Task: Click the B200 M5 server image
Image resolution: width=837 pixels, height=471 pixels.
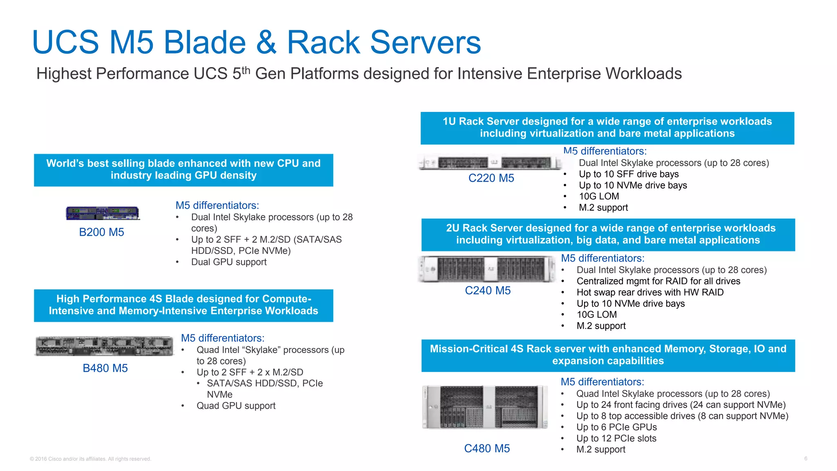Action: coord(103,213)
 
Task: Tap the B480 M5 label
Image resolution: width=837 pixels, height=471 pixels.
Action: coord(105,368)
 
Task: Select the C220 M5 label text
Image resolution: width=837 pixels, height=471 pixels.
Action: coord(491,178)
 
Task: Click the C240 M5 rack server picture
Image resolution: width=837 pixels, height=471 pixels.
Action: coord(486,269)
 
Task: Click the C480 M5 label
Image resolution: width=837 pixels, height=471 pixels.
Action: coord(487,448)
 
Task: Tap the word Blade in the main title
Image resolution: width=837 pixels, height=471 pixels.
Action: coord(204,43)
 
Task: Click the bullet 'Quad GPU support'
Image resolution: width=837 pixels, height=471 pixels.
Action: coord(236,406)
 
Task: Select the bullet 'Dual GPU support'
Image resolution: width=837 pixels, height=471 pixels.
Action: coord(228,262)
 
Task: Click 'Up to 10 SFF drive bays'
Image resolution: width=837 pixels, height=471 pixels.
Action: coord(629,174)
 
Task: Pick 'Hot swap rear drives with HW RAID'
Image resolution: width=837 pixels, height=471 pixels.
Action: coord(650,292)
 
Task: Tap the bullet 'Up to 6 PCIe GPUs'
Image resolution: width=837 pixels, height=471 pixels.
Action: coord(616,427)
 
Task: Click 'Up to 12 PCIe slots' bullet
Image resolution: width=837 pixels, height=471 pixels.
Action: coord(616,438)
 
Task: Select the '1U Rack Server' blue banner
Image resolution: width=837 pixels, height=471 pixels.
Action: coord(607,128)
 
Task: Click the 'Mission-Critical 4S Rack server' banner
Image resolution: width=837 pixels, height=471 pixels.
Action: coord(608,355)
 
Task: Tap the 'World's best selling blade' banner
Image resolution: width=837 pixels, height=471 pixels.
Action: coord(184,170)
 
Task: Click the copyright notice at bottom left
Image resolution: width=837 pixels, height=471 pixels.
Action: coord(90,459)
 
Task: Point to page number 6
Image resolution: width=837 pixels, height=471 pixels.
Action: coord(806,458)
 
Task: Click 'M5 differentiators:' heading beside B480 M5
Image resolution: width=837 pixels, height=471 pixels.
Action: coord(223,338)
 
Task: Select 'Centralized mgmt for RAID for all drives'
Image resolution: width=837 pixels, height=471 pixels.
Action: coord(658,281)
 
